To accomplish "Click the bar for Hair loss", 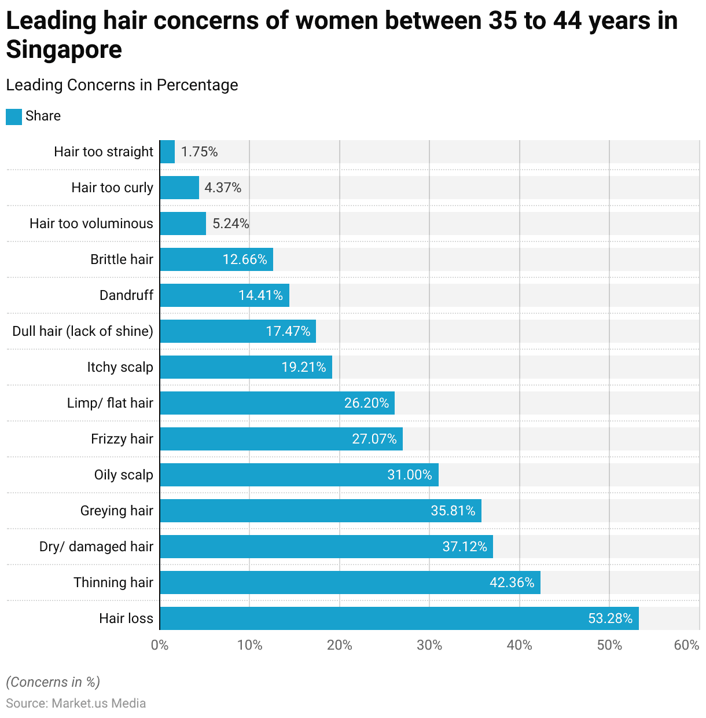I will (399, 618).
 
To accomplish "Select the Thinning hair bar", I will (350, 583).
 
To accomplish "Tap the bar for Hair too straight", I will (167, 152).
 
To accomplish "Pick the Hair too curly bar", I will (179, 188).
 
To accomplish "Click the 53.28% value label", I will (610, 618).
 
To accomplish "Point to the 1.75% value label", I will (199, 152).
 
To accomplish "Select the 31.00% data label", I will (410, 475).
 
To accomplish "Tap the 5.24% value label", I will (230, 224).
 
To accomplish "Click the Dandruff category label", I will (126, 295).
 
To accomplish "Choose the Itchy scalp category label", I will (120, 367).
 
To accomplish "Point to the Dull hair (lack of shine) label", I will (83, 331).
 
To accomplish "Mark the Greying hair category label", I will (116, 511).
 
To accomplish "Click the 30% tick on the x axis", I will (429, 645).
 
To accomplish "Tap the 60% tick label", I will (686, 645).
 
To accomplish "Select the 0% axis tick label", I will (160, 645).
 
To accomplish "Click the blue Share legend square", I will (14, 116).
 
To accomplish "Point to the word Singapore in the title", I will (64, 50).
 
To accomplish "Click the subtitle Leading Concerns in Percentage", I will (122, 85).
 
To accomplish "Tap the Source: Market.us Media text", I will (76, 703).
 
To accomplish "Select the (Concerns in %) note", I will (53, 682).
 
